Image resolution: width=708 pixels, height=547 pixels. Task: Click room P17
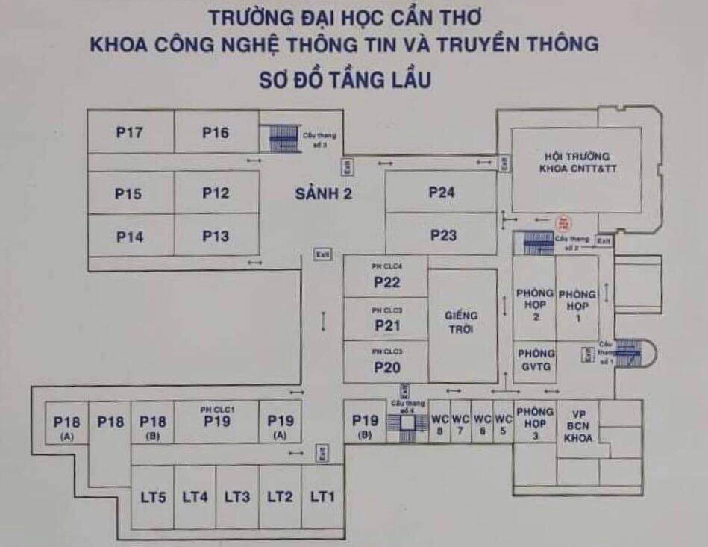(x=130, y=133)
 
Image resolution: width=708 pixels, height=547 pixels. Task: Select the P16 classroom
(x=216, y=133)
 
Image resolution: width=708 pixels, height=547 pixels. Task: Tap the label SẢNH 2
(x=323, y=194)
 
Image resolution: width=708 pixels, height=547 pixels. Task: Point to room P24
(x=442, y=193)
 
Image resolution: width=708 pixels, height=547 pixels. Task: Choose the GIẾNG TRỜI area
(x=463, y=322)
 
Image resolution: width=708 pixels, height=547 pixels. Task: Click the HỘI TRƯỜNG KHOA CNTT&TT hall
(x=577, y=163)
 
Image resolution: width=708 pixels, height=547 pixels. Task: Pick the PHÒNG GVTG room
(x=536, y=360)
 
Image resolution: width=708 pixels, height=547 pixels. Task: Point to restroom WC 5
(x=504, y=423)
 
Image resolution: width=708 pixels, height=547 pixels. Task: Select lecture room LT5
(x=152, y=497)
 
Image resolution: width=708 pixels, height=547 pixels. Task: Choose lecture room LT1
(x=323, y=497)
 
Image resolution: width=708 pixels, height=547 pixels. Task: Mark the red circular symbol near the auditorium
(x=563, y=222)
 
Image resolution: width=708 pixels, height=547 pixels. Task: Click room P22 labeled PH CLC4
(x=386, y=278)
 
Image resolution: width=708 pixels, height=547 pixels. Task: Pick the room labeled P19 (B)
(x=365, y=424)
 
